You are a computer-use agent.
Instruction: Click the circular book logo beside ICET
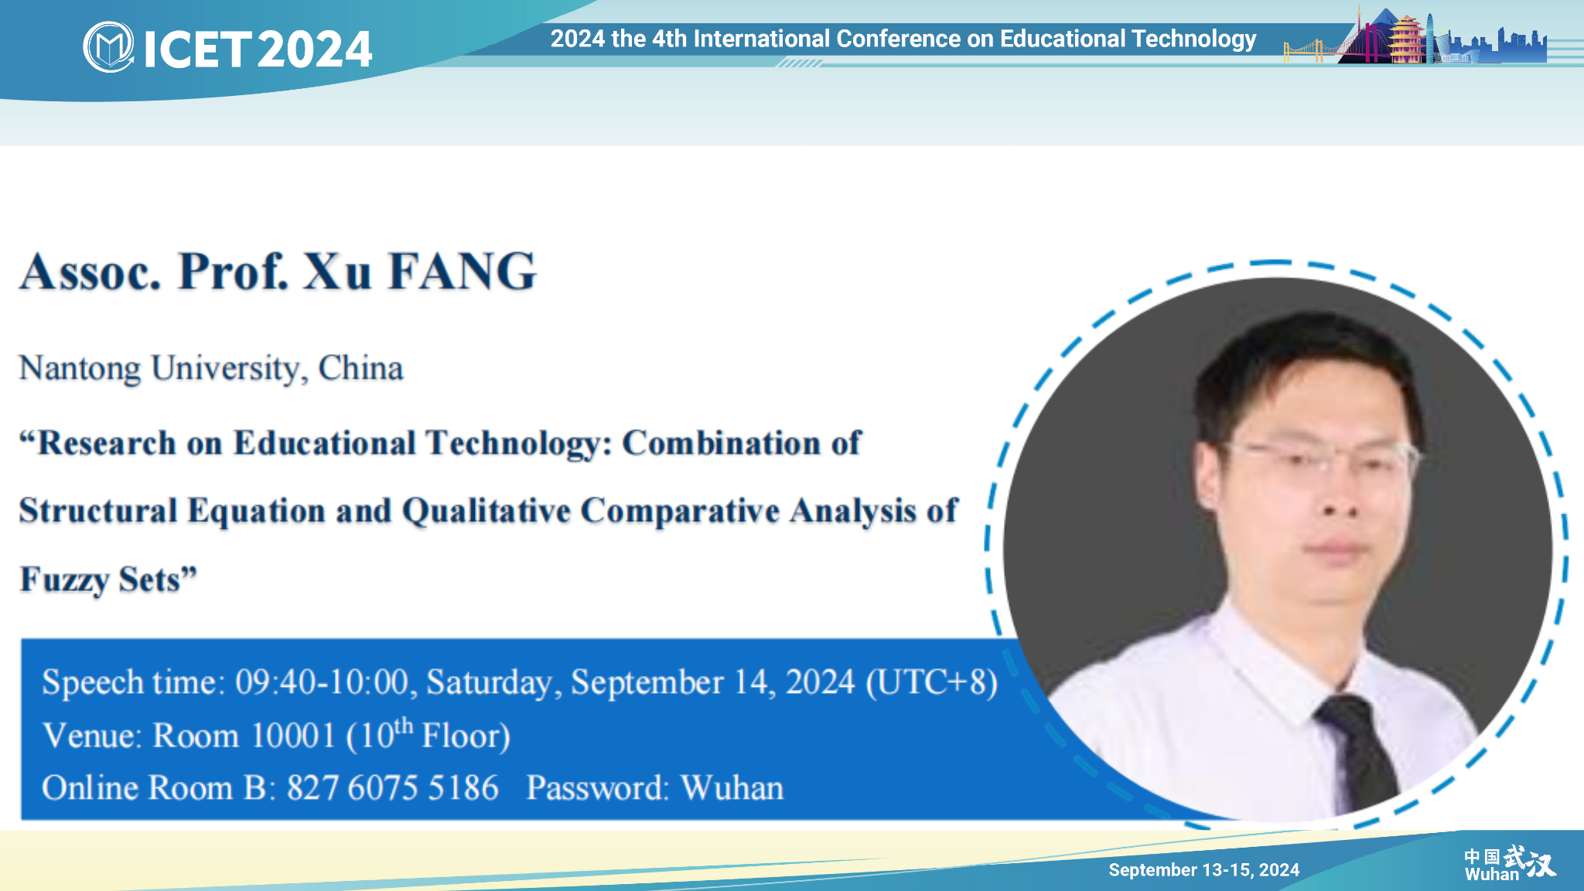[108, 47]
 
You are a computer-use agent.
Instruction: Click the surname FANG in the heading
[462, 271]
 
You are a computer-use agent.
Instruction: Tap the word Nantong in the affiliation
[80, 369]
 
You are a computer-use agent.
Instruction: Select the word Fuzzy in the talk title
[63, 580]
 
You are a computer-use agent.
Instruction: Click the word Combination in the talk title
[721, 443]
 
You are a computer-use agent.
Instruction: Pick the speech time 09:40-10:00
[322, 682]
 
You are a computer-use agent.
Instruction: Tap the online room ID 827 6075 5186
[393, 788]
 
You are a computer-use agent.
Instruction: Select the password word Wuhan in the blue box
[732, 788]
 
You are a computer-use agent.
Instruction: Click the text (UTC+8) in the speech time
[931, 682]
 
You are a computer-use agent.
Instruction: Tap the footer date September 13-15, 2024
[1203, 870]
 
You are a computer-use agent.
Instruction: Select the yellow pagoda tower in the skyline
[1407, 38]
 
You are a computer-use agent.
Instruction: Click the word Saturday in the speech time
[489, 683]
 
